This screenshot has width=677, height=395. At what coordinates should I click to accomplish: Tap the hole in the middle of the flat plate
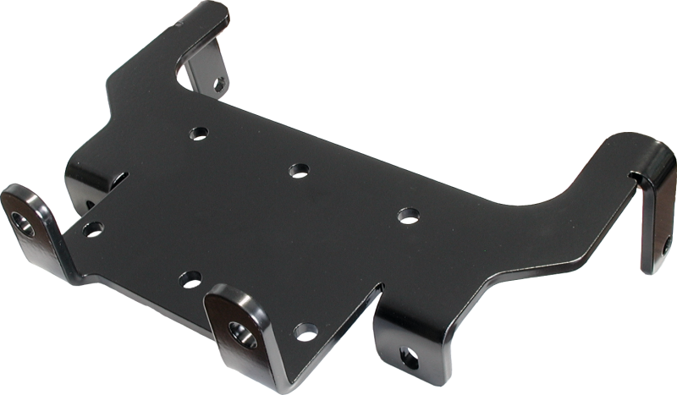298,170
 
